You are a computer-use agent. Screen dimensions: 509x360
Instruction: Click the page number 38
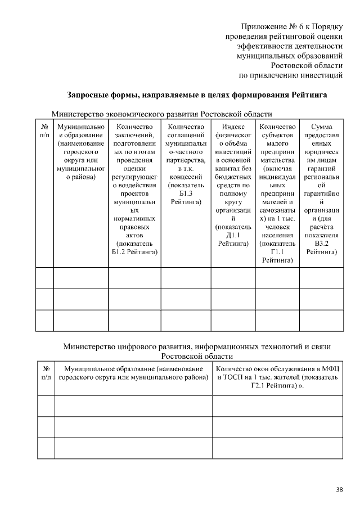[x=339, y=489]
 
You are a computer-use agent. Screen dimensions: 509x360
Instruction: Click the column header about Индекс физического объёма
[x=232, y=186]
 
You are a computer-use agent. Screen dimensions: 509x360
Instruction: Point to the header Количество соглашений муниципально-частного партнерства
[x=186, y=165]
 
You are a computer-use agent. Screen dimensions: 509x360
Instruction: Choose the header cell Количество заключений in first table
[x=134, y=190]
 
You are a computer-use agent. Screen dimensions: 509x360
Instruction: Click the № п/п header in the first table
[x=44, y=131]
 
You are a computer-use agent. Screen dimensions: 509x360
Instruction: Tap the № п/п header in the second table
[x=46, y=373]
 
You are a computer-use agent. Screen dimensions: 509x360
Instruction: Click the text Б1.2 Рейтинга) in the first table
[x=134, y=252]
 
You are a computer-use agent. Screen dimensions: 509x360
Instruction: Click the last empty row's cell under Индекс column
[x=232, y=320]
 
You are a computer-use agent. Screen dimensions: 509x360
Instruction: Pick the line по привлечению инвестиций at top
[x=291, y=74]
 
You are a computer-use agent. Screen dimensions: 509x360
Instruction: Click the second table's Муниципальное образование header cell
[x=133, y=373]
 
